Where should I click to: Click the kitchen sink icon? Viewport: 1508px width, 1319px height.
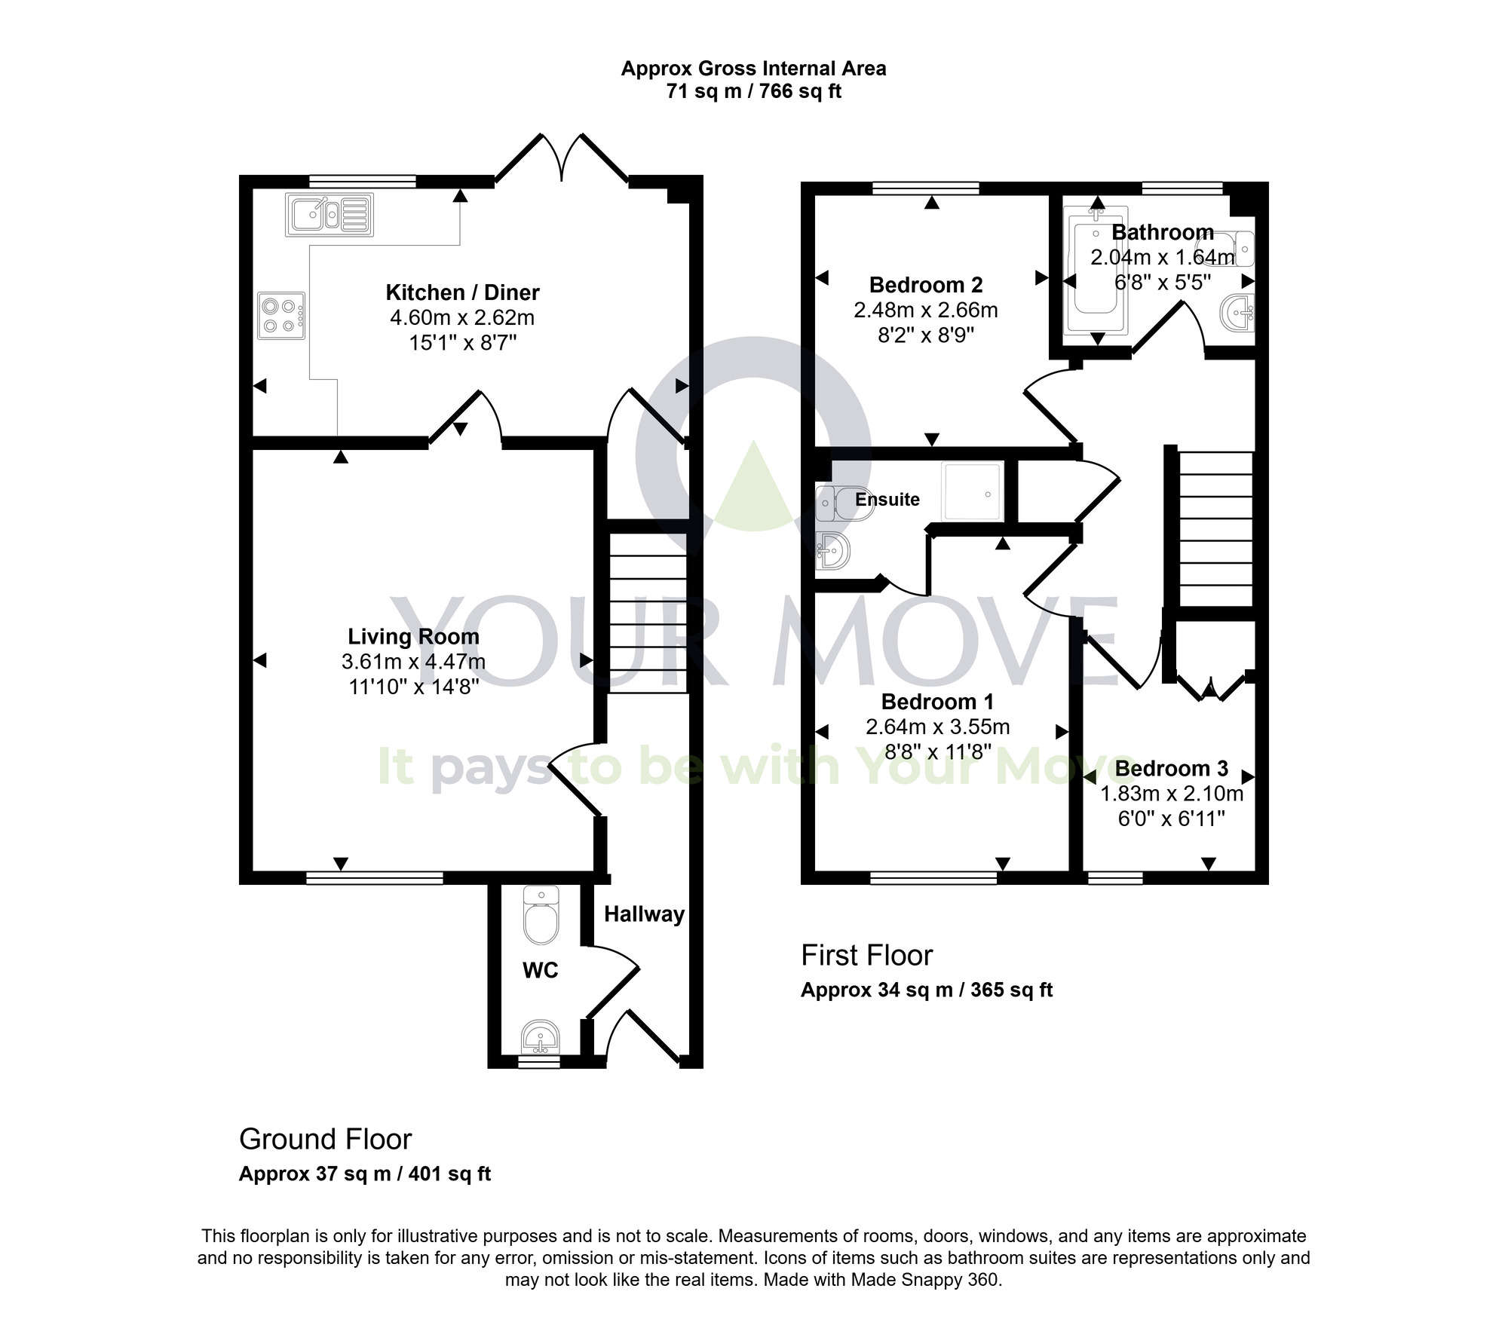pyautogui.click(x=329, y=214)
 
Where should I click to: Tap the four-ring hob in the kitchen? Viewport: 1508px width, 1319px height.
pyautogui.click(x=280, y=316)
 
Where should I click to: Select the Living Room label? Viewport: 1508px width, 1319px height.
pyautogui.click(x=413, y=637)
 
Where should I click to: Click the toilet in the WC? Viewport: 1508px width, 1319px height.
pyautogui.click(x=541, y=917)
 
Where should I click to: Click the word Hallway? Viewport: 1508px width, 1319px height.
pyautogui.click(x=644, y=914)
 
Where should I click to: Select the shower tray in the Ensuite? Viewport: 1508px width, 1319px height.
pyautogui.click(x=973, y=491)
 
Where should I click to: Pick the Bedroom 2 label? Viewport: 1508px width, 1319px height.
pyautogui.click(x=926, y=285)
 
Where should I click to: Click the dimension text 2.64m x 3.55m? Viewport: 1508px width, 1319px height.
pyautogui.click(x=937, y=727)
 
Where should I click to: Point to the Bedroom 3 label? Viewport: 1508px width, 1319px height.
pyautogui.click(x=1171, y=768)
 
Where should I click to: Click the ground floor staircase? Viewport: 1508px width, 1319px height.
pyautogui.click(x=648, y=612)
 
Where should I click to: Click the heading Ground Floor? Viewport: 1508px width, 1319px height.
pyautogui.click(x=325, y=1139)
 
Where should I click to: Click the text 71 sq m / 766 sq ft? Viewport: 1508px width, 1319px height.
pyautogui.click(x=753, y=91)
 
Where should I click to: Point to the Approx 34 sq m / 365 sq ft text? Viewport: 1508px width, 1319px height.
pyautogui.click(x=926, y=990)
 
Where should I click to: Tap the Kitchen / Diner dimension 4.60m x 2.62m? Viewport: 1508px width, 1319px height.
pyautogui.click(x=461, y=317)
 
